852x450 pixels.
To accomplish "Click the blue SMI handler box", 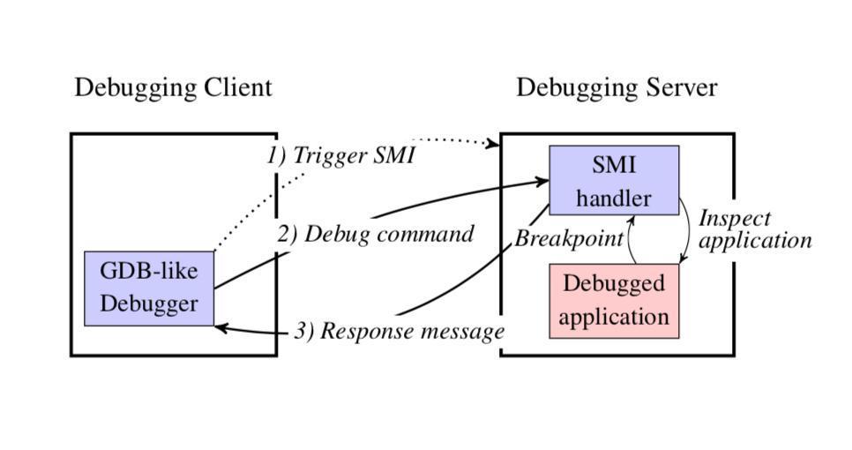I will click(614, 180).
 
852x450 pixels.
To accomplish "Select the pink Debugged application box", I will click(614, 301).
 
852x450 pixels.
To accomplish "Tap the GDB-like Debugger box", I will click(149, 288).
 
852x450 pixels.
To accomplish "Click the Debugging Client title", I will click(173, 88).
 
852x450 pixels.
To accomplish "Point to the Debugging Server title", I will click(617, 88).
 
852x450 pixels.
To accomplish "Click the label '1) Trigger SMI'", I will click(340, 156).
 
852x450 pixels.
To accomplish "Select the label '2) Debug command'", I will click(376, 235).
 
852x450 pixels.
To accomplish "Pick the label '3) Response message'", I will click(399, 332).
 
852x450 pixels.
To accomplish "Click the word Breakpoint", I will click(569, 239).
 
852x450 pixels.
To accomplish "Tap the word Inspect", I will click(735, 219).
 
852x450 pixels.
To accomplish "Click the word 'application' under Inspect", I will click(755, 240).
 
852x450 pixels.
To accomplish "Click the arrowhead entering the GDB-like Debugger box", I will click(220, 327).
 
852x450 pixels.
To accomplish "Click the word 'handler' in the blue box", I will click(614, 198).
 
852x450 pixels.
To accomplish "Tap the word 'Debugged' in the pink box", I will click(613, 284).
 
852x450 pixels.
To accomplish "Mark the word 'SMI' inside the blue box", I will click(614, 165).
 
